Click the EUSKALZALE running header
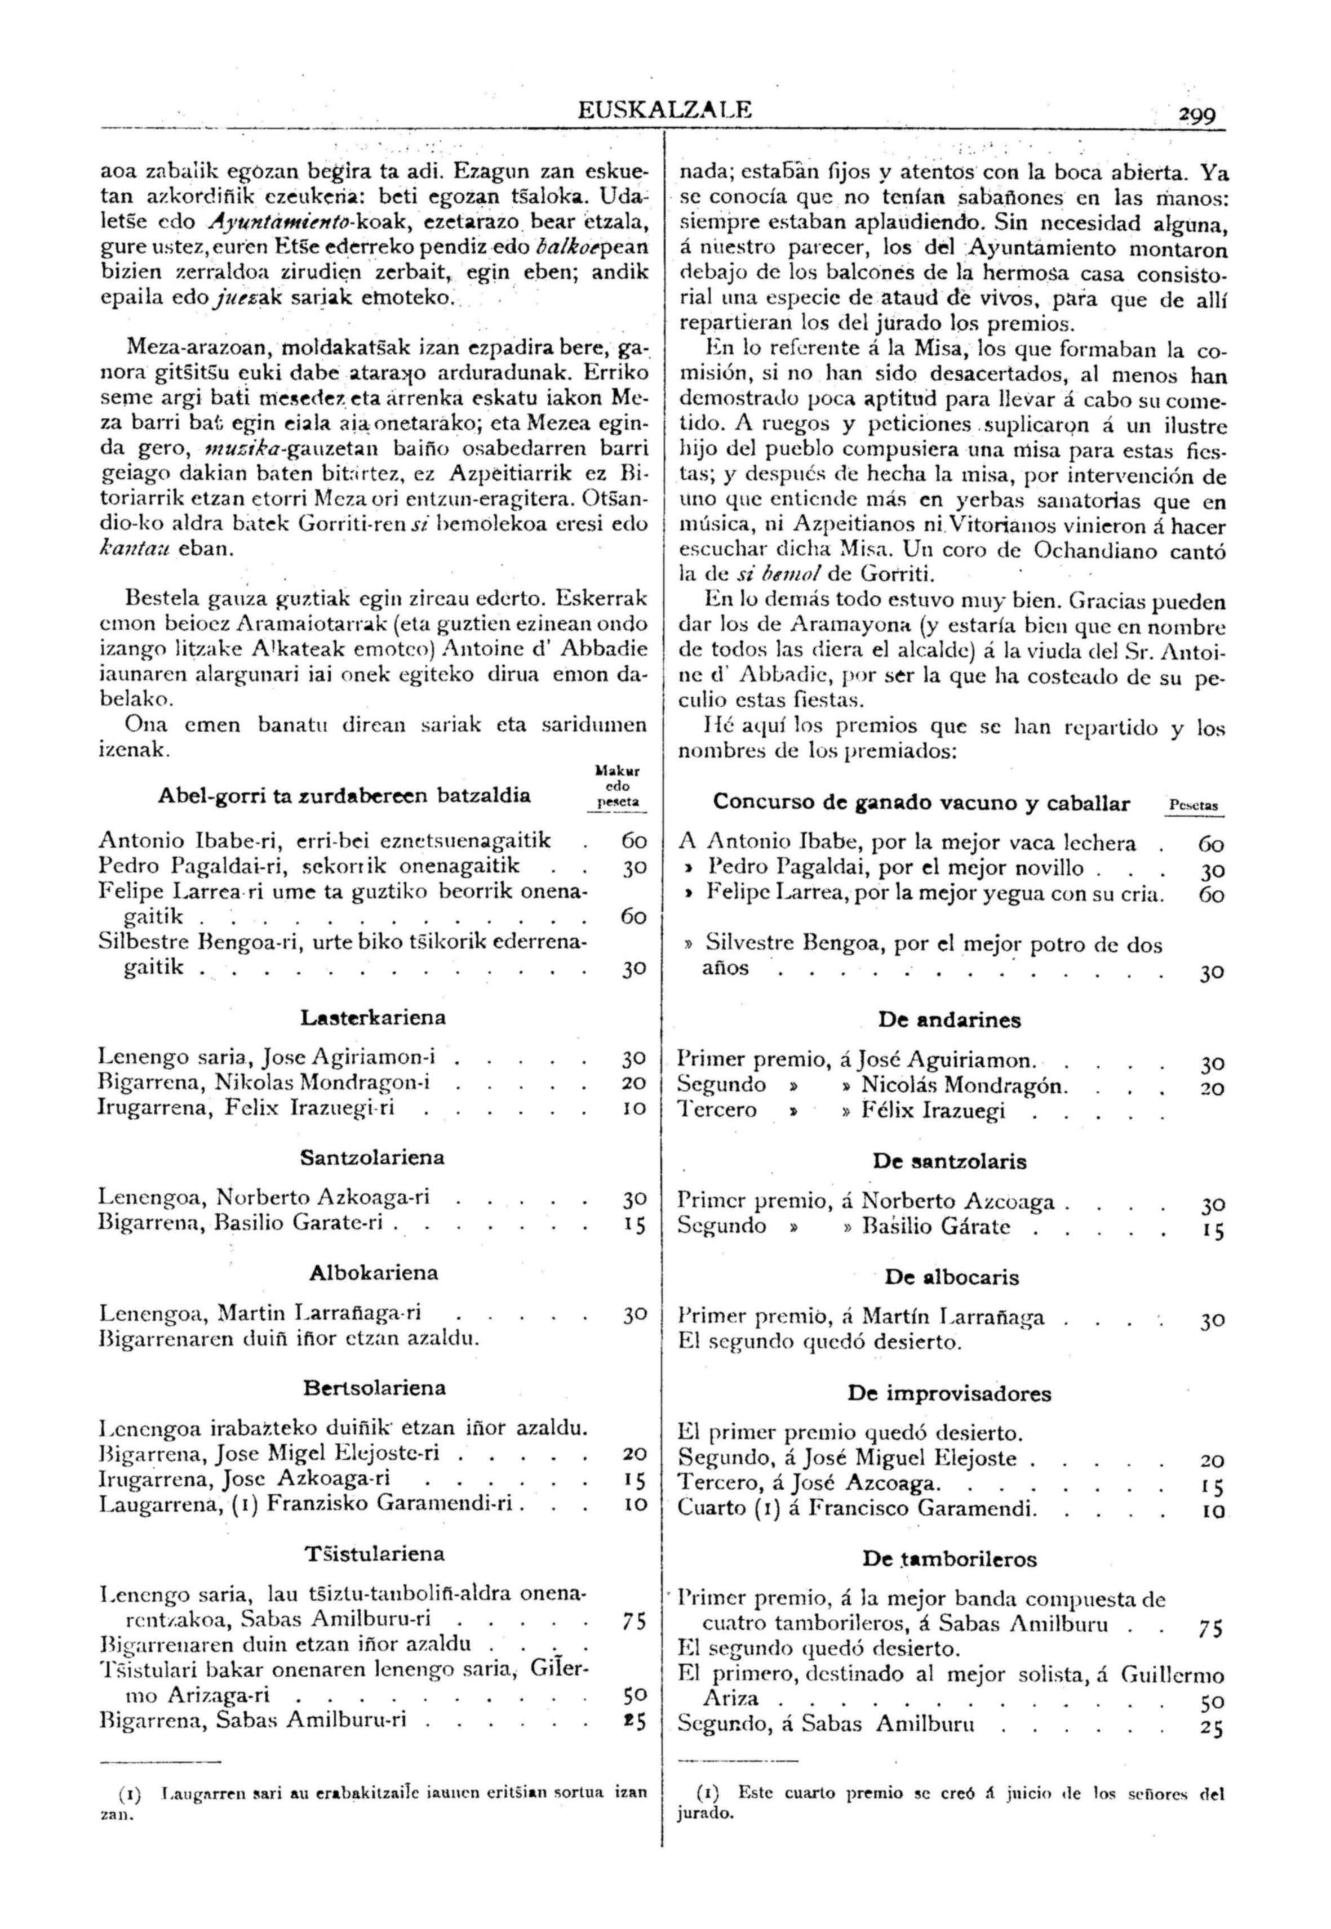(664, 109)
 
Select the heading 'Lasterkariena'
(373, 1018)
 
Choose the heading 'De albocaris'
(952, 1277)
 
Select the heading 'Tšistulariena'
(374, 1554)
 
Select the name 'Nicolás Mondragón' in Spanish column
(964, 1086)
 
